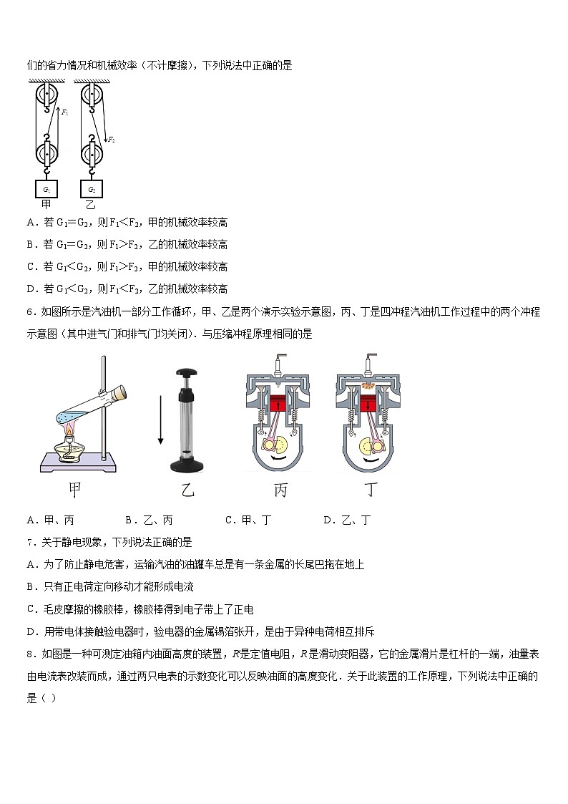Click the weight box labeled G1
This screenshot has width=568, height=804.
tap(46, 189)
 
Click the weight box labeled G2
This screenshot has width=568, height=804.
tap(92, 189)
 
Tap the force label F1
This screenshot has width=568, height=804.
tap(65, 112)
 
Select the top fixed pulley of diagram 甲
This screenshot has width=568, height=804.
tap(46, 95)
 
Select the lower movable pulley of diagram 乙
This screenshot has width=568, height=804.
tap(92, 154)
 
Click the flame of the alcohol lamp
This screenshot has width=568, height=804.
tap(70, 431)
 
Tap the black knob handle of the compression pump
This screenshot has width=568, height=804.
tap(187, 373)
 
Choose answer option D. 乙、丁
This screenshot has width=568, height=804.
tap(347, 520)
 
